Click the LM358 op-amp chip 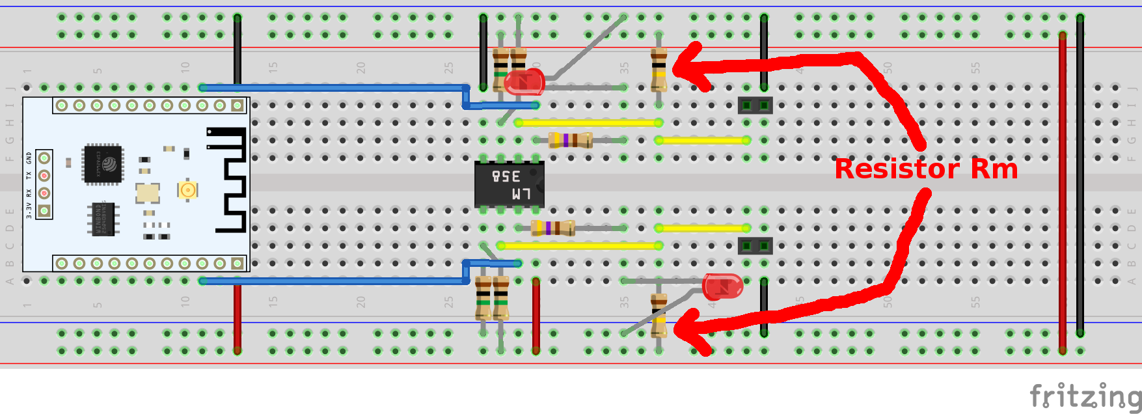[510, 184]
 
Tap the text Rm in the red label [994, 169]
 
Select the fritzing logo [1085, 396]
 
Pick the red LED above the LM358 [524, 83]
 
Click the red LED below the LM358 [723, 286]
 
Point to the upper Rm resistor [659, 69]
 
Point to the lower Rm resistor [659, 315]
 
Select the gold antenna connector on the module [187, 189]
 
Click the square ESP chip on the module [103, 164]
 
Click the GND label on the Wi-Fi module [29, 158]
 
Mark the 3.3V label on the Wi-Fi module [29, 210]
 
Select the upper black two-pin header [755, 105]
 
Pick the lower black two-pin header [755, 246]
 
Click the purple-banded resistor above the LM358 [571, 140]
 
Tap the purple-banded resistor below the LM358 [553, 228]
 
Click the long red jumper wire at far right [1062, 189]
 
